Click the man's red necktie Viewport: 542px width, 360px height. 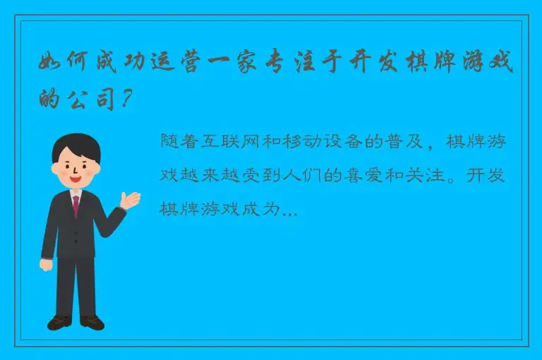pos(76,205)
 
